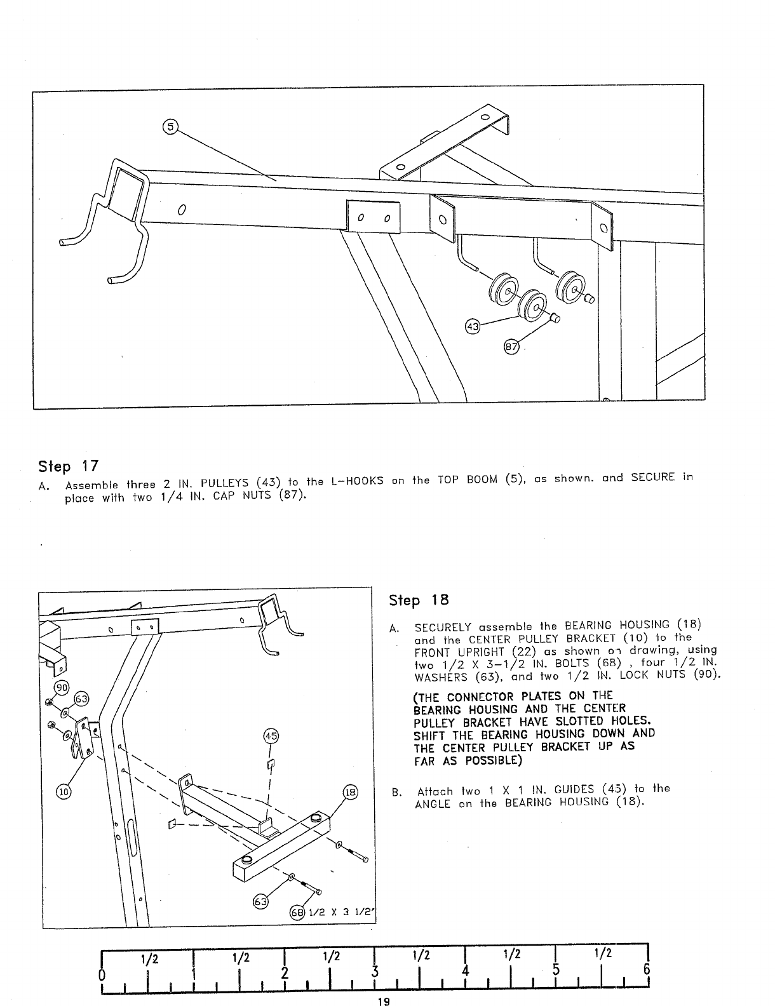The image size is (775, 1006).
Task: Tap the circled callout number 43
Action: click(472, 327)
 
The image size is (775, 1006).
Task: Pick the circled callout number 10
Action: click(64, 792)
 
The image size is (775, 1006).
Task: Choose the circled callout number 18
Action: click(350, 792)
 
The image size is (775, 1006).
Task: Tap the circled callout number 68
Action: click(297, 913)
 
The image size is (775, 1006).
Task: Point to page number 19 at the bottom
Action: click(382, 1002)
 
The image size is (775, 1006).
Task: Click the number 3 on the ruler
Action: click(375, 972)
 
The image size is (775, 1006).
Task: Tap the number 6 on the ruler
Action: click(647, 971)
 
